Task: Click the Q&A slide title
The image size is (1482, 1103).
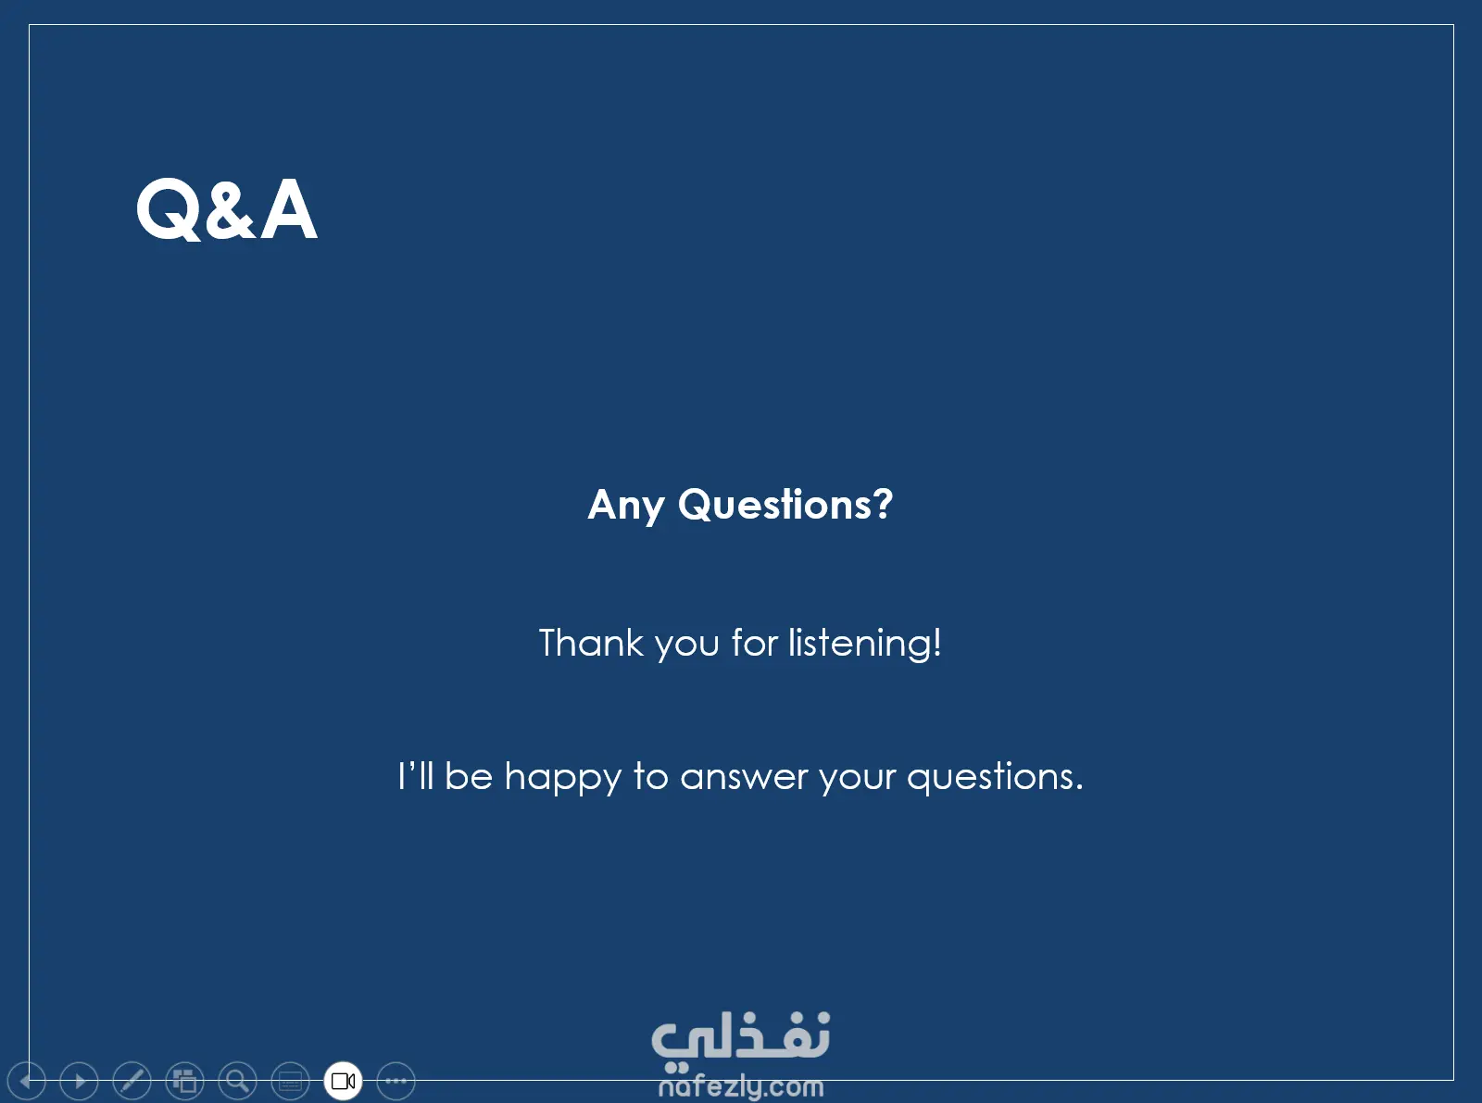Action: point(227,209)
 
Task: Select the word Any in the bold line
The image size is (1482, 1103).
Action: point(625,505)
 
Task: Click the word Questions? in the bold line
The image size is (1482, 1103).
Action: point(785,504)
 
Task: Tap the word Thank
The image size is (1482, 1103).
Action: point(591,643)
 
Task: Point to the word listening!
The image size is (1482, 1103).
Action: point(865,644)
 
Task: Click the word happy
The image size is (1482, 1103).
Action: point(562,777)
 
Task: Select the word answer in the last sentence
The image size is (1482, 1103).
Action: point(744,778)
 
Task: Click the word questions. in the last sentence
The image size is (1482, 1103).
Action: point(995,777)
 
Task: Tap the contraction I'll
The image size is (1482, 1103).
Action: point(416,776)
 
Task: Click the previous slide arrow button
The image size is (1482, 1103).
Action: point(27,1080)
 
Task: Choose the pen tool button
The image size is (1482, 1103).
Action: point(132,1080)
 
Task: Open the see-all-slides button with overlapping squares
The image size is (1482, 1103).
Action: point(185,1080)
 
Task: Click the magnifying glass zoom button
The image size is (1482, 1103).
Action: point(238,1080)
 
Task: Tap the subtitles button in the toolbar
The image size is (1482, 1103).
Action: point(291,1080)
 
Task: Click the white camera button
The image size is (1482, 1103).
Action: point(344,1080)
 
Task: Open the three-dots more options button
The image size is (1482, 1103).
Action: point(396,1080)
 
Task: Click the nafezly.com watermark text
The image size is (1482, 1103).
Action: point(741,1087)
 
